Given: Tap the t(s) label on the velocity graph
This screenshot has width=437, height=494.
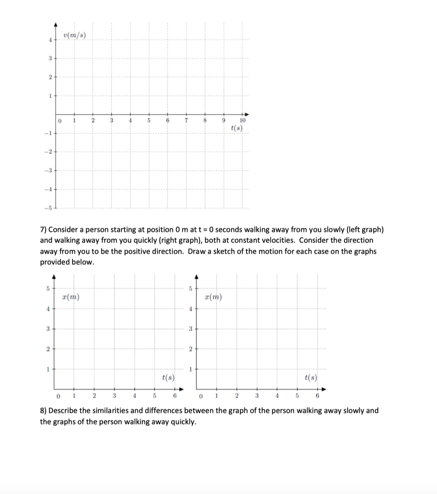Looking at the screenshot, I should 237,129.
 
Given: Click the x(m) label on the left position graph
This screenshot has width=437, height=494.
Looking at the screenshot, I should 71,297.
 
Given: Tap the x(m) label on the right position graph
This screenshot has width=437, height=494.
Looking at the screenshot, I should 213,297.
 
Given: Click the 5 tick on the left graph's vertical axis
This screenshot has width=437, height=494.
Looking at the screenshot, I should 47,289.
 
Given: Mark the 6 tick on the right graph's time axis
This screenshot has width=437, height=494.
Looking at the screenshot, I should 317,396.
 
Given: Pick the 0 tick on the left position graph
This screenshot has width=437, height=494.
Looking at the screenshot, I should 57,396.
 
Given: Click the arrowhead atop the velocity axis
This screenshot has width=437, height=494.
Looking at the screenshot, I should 55,25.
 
